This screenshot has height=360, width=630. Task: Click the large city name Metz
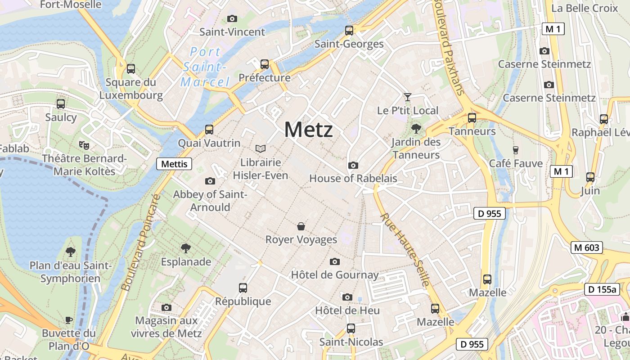[309, 130]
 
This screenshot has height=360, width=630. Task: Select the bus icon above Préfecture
[265, 64]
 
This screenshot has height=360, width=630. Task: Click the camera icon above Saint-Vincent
[232, 18]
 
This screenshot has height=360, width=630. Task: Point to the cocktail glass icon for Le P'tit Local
[408, 97]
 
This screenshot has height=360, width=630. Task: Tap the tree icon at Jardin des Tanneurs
[416, 129]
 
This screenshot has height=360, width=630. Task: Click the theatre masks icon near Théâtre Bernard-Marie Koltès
[84, 145]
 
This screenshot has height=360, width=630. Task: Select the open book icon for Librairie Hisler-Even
[261, 148]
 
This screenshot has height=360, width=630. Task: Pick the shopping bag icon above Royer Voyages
[301, 226]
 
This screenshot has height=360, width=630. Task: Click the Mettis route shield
[174, 164]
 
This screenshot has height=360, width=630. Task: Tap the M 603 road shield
[587, 247]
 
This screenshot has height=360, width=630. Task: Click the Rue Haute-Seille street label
[405, 250]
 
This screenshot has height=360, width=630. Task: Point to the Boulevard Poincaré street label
[141, 242]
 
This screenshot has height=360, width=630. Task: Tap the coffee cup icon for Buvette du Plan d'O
[69, 320]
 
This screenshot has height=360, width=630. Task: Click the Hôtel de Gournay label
[335, 274]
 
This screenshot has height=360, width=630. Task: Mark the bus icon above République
[243, 288]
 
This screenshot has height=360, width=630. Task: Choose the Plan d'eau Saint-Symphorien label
[70, 272]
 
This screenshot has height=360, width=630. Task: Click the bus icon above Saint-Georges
[349, 31]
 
